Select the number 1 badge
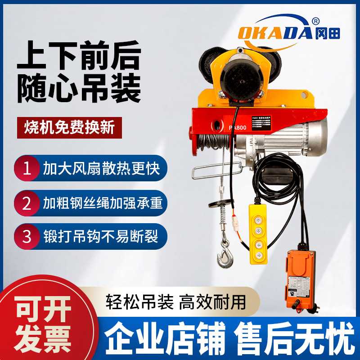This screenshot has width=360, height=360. point(27,169)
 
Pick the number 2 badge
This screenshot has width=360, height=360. point(27,203)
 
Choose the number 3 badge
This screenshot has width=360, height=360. point(27,236)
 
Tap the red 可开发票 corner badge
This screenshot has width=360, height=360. point(43,319)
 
